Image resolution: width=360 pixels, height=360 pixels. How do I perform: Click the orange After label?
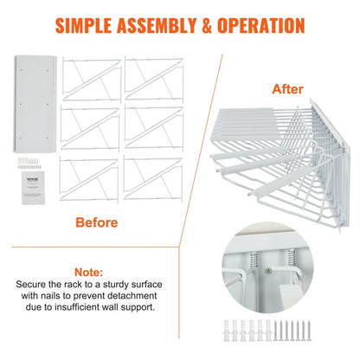(288, 87)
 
